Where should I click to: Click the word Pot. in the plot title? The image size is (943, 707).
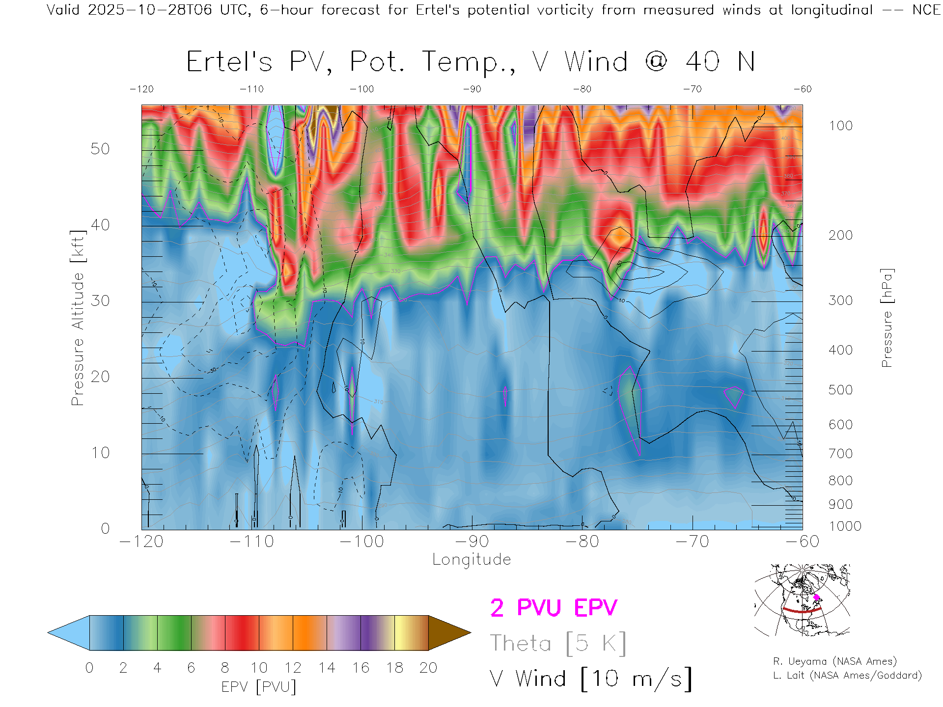[x=377, y=62]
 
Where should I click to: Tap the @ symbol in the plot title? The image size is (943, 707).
[x=656, y=62]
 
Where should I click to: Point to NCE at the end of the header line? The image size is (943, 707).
[x=926, y=10]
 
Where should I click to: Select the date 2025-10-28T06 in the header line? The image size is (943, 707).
[x=150, y=10]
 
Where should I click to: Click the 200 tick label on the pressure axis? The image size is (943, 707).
[x=840, y=235]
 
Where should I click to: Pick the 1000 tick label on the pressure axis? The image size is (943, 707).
[x=845, y=526]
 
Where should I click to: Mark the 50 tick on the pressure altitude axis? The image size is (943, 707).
[x=100, y=149]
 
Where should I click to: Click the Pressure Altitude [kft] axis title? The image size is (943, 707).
[x=78, y=318]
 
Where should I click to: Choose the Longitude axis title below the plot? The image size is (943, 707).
[x=471, y=560]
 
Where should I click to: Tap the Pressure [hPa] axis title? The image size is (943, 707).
[x=887, y=318]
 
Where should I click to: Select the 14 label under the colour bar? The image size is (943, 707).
[x=327, y=668]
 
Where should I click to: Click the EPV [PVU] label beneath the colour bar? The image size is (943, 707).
[x=259, y=687]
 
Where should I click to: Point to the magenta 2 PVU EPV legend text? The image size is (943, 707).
[x=554, y=608]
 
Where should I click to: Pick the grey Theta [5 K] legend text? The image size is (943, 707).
[x=558, y=643]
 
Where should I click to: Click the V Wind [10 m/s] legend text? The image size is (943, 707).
[x=590, y=679]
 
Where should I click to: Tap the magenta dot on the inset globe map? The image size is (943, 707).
[x=817, y=597]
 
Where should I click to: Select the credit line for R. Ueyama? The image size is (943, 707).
[x=834, y=661]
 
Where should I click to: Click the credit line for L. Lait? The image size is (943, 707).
[x=847, y=676]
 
